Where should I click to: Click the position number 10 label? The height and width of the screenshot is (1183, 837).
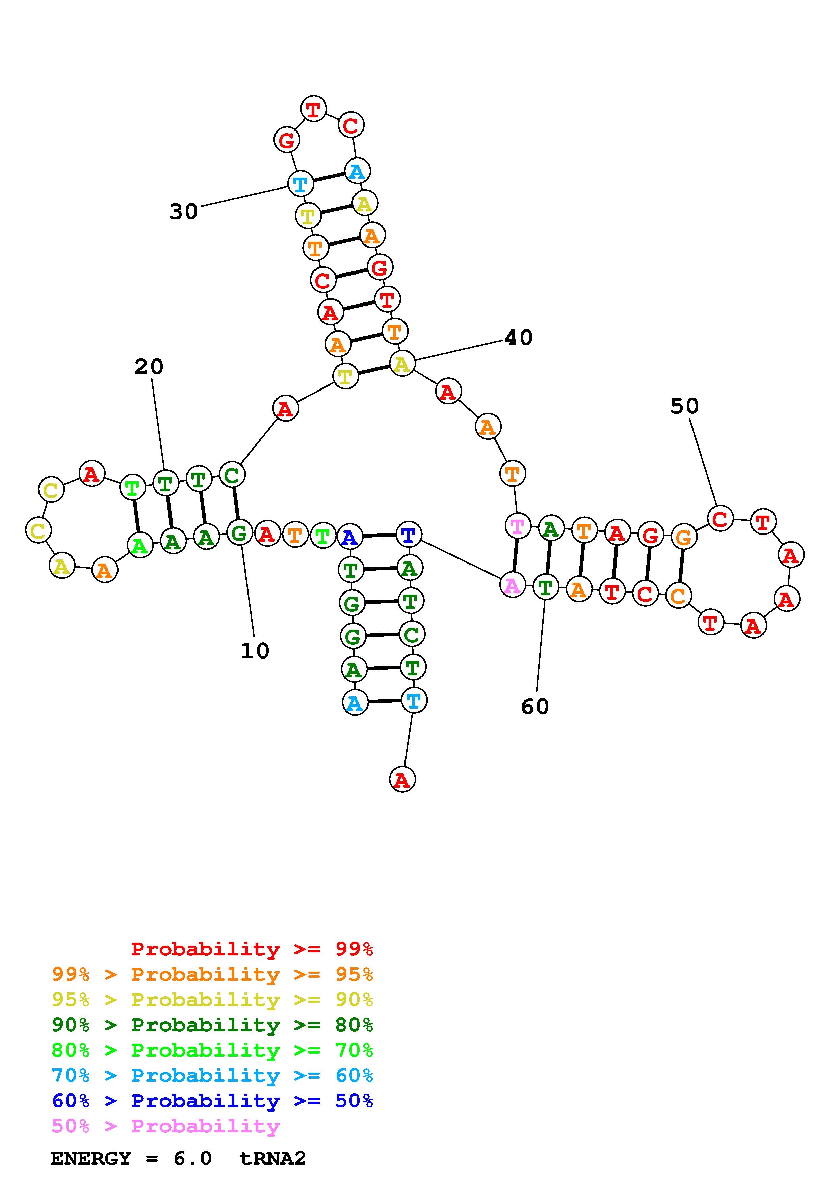pos(255,651)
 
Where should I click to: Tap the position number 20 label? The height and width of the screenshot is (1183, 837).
pos(149,367)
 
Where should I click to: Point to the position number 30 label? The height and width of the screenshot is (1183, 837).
pos(184,211)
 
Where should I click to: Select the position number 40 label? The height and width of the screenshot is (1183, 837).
pos(518,338)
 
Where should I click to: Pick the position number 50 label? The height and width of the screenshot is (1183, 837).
pos(684,406)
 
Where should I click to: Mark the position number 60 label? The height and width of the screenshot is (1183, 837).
pos(535,706)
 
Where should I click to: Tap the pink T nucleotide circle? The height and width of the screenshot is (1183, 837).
pos(517,526)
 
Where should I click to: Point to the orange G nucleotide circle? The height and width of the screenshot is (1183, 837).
pos(683,538)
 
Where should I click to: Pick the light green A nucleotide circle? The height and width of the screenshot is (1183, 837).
pos(140,545)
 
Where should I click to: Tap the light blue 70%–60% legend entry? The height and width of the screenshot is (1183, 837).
pos(212,1075)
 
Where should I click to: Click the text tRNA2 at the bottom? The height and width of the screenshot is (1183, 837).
pos(273,1158)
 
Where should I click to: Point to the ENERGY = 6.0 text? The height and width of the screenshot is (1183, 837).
pos(131,1158)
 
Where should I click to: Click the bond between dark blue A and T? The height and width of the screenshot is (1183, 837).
pos(378,536)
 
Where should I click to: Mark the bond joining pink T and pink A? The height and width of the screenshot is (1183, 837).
pos(515,555)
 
